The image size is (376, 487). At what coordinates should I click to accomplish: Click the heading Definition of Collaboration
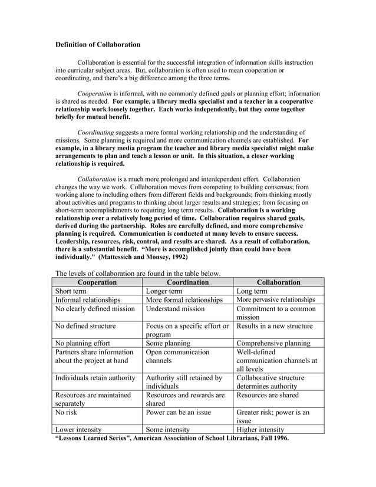point(97,44)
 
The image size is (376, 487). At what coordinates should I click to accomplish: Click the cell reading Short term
point(71,291)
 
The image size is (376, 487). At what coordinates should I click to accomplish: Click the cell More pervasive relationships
point(275,300)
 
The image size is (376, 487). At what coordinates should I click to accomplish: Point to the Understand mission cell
point(175,308)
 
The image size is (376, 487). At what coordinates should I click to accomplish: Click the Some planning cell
point(168,343)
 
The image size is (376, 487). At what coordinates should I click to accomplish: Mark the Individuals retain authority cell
point(95,377)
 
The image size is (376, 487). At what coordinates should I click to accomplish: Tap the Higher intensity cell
point(260,430)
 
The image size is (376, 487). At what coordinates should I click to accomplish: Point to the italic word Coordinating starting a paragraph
point(96,133)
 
